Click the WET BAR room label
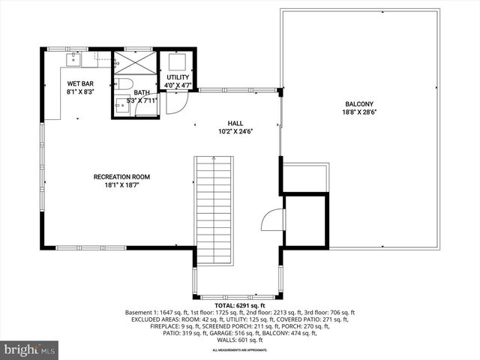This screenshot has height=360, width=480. click(79, 84)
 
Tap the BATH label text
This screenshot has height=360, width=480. click(142, 91)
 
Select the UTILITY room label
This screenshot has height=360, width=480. click(178, 77)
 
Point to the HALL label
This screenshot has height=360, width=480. click(236, 123)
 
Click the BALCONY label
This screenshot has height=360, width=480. click(359, 104)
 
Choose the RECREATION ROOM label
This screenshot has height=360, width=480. click(121, 177)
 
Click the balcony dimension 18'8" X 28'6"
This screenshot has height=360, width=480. click(359, 112)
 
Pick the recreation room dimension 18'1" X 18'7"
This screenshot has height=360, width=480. click(121, 185)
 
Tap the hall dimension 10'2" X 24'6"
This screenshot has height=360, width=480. click(236, 131)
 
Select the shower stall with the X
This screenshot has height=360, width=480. click(135, 62)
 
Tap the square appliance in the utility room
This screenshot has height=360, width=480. click(178, 61)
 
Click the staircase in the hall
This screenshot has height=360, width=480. click(214, 210)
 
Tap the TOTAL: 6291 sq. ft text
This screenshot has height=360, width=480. click(239, 306)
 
